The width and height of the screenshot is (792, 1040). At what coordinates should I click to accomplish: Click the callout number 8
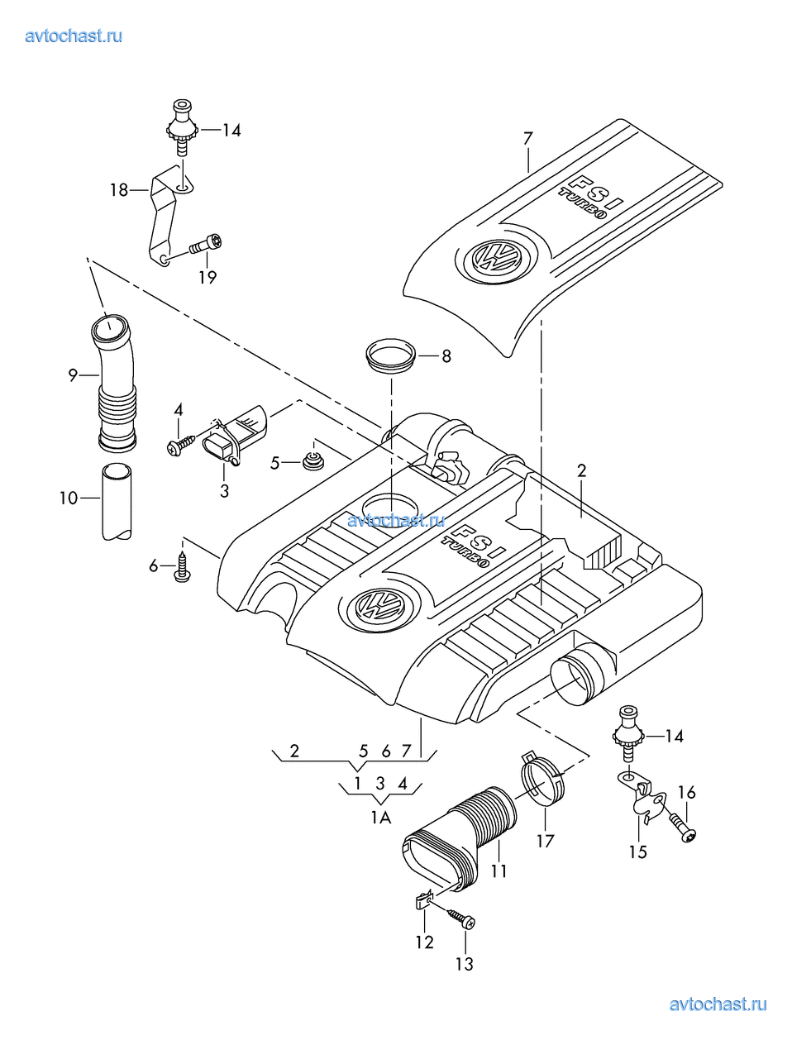446,356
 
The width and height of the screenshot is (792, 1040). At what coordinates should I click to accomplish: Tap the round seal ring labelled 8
390,355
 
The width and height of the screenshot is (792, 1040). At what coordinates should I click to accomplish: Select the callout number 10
68,498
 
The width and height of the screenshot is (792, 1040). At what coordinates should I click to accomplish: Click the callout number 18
119,190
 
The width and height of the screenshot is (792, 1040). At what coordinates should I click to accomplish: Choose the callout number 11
499,871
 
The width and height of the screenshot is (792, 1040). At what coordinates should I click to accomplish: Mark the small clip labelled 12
423,898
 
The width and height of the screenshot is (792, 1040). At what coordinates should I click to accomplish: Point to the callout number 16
686,792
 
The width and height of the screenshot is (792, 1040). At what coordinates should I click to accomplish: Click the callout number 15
637,852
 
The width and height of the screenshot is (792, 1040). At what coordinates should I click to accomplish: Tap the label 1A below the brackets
380,818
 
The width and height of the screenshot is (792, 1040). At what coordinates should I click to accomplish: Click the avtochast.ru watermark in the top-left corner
74,36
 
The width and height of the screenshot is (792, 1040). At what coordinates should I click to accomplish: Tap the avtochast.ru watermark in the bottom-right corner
718,1004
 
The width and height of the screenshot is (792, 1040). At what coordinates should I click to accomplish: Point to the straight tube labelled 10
117,502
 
